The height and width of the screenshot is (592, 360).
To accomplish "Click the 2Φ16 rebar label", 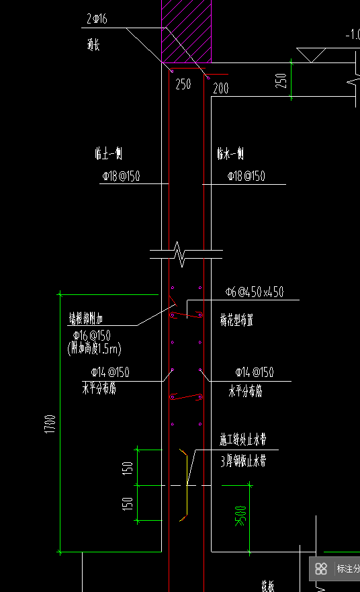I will point(97,19).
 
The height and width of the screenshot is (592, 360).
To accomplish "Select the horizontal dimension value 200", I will point(220,87).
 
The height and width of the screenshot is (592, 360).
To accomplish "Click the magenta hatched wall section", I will point(187,31).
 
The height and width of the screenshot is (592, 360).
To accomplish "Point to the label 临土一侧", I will point(107,154).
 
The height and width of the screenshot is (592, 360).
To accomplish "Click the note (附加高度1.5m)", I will point(94,349).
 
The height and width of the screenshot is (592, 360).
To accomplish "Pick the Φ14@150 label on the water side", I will point(254,372).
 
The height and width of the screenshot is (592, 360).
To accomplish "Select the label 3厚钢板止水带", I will point(243,462).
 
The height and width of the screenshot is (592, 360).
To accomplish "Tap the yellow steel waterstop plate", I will point(186,484).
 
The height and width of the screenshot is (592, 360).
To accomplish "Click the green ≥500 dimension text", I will point(240,516).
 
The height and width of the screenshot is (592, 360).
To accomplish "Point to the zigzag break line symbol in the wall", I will point(179,254).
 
